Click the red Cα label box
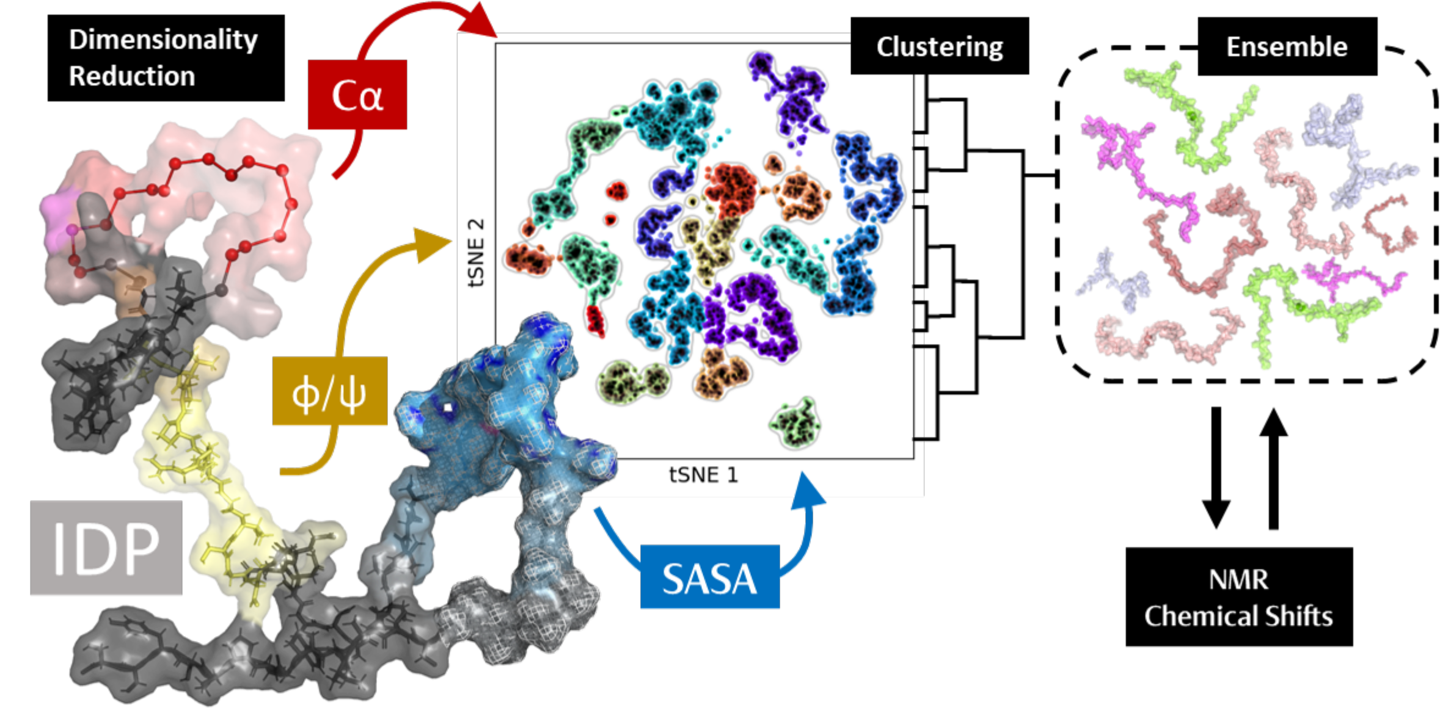pos(357,95)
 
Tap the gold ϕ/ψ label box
pos(329,391)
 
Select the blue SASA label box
pos(709,577)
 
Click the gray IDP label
pos(106,548)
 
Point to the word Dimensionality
pos(163,40)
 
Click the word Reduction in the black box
pos(132,76)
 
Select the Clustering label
pos(939,46)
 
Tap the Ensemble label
pos(1287,46)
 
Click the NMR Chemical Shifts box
pos(1238,596)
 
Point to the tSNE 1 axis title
pos(703,475)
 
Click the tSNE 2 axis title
pos(476,252)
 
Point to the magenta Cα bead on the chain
pos(73,230)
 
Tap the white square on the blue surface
pos(448,407)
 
